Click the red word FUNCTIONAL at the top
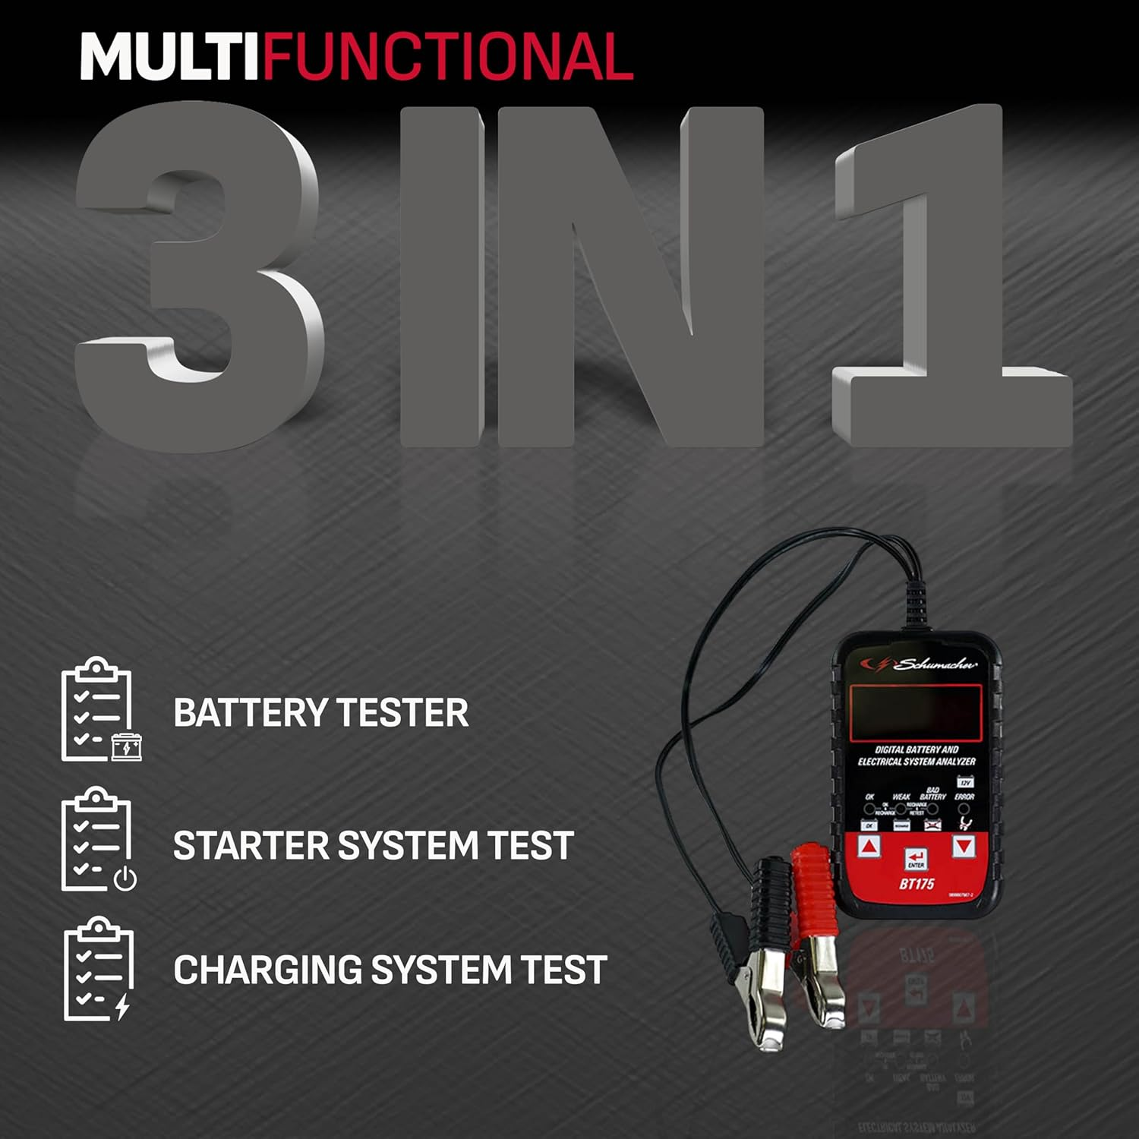point(448,58)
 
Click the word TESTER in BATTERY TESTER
point(402,713)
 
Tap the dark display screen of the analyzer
point(916,712)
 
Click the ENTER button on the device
point(916,859)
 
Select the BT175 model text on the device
point(917,884)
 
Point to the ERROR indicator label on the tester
point(964,797)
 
